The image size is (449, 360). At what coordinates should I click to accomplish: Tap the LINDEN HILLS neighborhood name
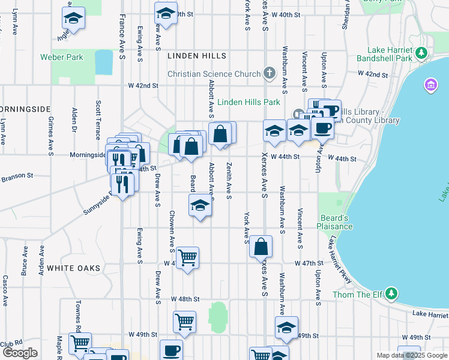coord(197,56)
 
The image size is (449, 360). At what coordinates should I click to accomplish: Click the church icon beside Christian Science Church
coord(270,74)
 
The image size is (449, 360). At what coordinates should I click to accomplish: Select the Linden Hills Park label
coord(249,102)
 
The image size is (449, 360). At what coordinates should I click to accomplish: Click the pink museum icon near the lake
coord(430,85)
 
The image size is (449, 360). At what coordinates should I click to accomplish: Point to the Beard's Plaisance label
coord(335,222)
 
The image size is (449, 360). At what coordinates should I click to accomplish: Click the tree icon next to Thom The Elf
coord(391,293)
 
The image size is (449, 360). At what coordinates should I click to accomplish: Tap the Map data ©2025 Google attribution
coord(411,355)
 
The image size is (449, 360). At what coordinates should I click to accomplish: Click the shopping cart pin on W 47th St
coord(187,257)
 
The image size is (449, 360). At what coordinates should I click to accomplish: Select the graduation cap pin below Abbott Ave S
coord(200,206)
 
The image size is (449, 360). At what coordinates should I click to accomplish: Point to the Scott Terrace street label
coord(98,120)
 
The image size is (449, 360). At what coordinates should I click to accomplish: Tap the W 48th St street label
coord(184,299)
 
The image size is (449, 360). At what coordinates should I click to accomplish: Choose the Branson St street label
coord(17,176)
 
